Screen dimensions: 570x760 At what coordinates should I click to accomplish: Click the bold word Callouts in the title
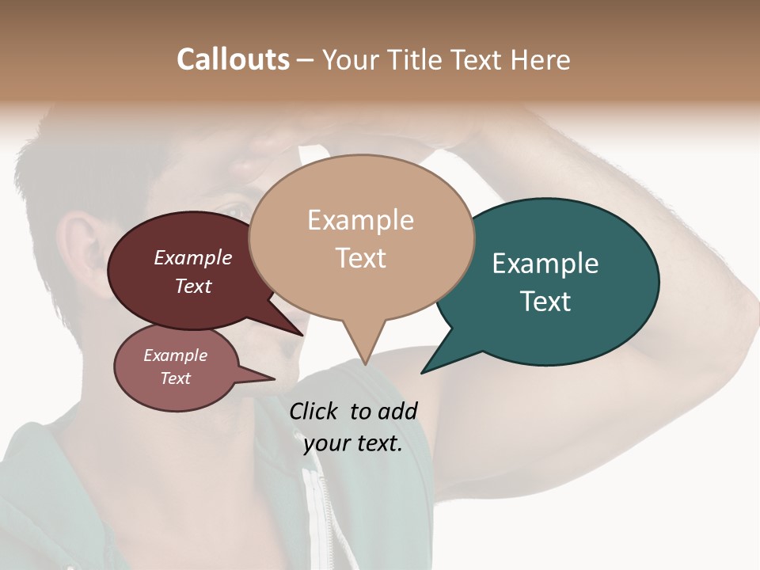233,59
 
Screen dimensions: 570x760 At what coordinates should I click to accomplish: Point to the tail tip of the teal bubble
423,372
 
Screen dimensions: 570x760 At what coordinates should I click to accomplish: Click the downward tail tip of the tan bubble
364,363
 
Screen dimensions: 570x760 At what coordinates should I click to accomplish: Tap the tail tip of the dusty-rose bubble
274,378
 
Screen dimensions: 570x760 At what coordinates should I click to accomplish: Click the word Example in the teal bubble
545,264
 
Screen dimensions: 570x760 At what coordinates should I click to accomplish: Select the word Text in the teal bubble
545,302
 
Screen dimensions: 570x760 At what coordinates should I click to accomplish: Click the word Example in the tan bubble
360,220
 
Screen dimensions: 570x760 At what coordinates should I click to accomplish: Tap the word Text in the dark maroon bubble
193,287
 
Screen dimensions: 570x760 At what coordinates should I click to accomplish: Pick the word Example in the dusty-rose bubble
175,355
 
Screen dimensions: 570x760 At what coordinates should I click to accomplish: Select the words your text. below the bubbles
353,443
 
